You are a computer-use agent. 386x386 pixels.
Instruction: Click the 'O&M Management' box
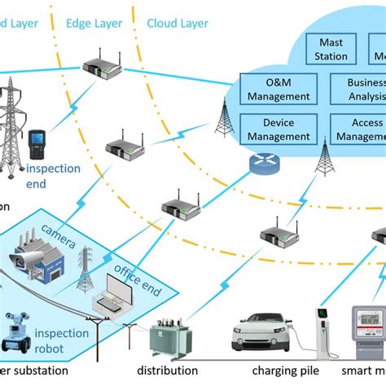tap(278, 90)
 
